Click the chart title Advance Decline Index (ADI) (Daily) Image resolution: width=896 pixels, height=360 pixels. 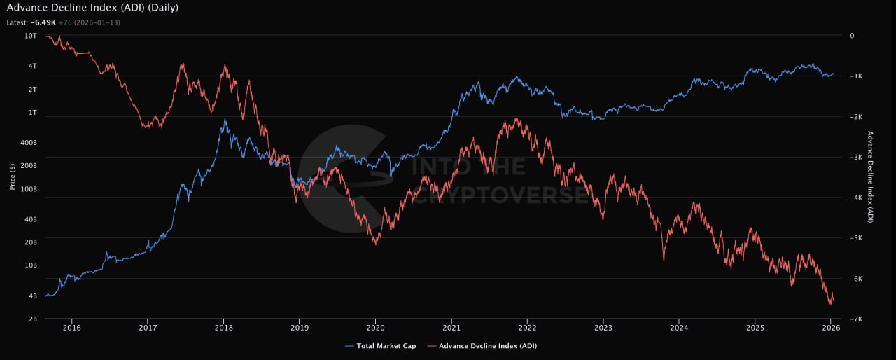[92, 8]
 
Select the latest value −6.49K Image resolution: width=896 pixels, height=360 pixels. [44, 22]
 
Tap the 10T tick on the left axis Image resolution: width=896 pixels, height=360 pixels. [31, 35]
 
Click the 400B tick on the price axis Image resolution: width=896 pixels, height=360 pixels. [28, 143]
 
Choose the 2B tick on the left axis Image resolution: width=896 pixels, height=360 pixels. [32, 319]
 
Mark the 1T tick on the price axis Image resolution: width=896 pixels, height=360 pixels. [32, 113]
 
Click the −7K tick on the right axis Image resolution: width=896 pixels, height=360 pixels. [856, 319]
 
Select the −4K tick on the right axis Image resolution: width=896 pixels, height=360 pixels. [856, 198]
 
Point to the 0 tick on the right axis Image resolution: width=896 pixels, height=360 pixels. [852, 35]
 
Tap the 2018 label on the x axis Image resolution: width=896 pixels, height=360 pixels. [223, 327]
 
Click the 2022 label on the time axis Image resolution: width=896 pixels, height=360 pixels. [527, 327]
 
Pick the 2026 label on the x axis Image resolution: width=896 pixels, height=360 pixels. [830, 327]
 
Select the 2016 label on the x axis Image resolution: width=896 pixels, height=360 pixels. [71, 327]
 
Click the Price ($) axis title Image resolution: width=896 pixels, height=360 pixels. [13, 177]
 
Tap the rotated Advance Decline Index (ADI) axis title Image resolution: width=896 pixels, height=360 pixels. [870, 177]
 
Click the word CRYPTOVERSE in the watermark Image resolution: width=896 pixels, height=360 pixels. [500, 195]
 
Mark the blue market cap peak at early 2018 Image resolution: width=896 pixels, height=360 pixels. [225, 119]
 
